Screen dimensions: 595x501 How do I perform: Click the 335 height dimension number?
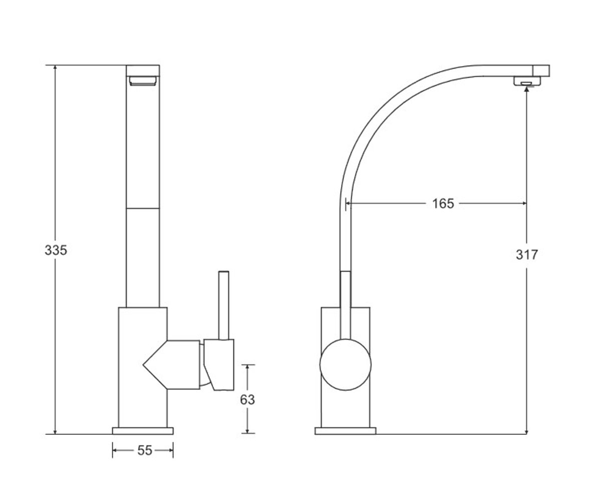tap(56, 250)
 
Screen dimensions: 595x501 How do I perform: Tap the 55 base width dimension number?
tap(145, 450)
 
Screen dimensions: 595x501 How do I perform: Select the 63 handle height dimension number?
tap(247, 400)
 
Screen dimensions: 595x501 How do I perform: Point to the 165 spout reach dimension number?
tap(443, 204)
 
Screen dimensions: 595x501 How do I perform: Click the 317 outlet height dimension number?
tap(527, 255)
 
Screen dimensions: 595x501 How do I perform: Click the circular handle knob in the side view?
tap(345, 365)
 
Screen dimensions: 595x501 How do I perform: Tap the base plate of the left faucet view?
tap(143, 431)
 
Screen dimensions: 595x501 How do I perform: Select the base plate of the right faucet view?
tap(345, 431)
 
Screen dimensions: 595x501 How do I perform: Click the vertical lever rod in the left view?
tap(224, 305)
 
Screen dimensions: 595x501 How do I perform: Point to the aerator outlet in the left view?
tap(143, 81)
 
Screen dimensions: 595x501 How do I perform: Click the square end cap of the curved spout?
tap(541, 71)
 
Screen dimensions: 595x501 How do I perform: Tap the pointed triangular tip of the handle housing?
tap(143, 365)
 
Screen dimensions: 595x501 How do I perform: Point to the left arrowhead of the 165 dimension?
tap(349, 204)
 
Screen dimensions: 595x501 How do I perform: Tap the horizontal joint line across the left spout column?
tap(143, 208)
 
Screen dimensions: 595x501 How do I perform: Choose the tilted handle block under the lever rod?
tap(219, 365)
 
